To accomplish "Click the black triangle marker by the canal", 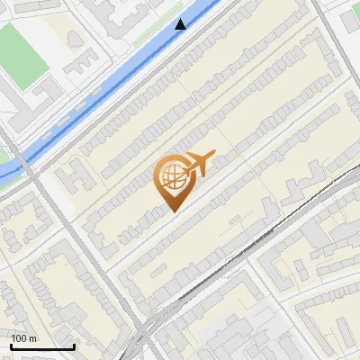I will click(182, 24).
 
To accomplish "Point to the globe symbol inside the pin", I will click(172, 176).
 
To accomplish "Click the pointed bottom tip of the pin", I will click(173, 211).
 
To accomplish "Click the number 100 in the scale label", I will click(21, 338).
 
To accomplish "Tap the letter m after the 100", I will click(34, 338).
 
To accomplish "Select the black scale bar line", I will click(42, 347).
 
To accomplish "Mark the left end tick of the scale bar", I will click(11, 346).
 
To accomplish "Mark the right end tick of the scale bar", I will click(74, 346).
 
